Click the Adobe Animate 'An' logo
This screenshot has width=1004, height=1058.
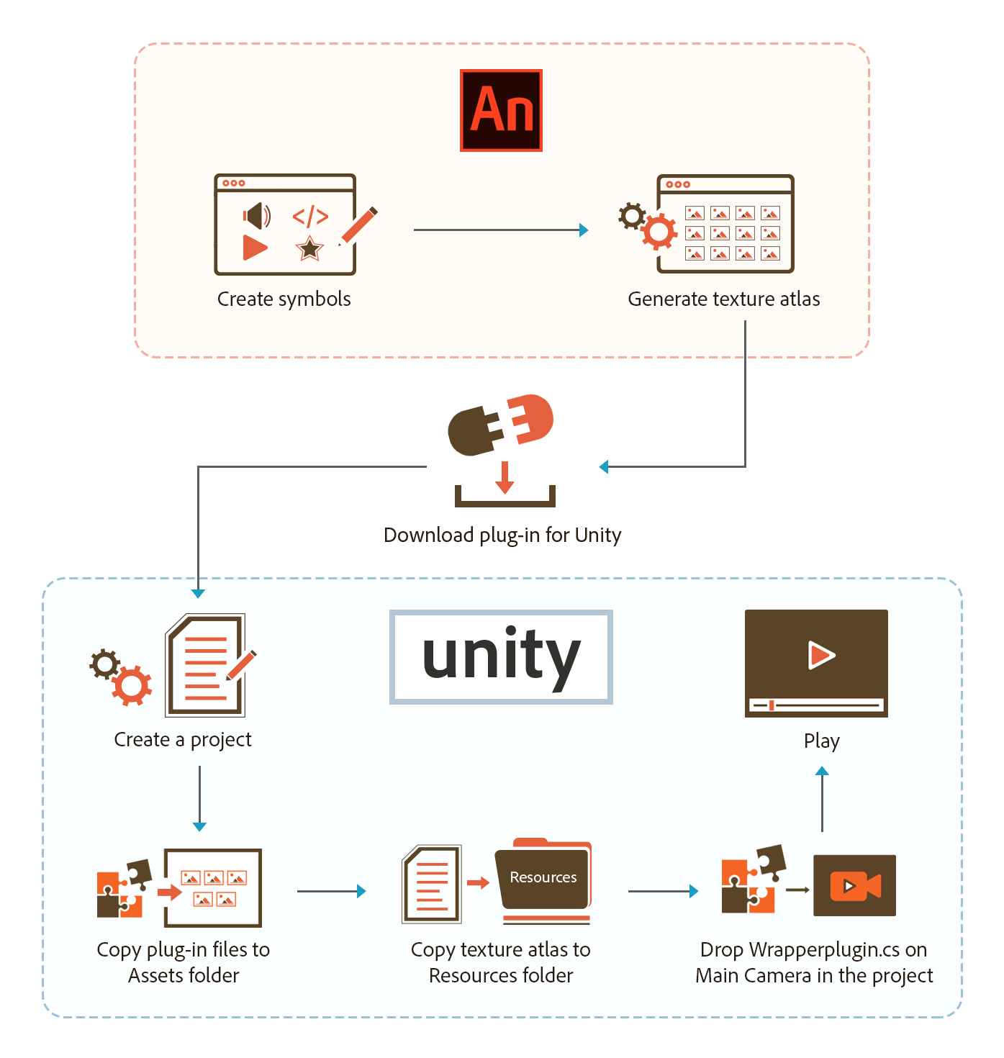click(x=501, y=111)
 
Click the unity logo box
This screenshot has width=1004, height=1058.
click(x=501, y=656)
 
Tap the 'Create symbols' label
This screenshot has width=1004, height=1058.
click(x=284, y=299)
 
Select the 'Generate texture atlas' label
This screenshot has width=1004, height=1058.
click(x=723, y=299)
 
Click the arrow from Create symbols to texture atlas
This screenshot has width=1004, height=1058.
click(x=500, y=230)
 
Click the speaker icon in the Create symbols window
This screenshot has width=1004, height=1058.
click(x=256, y=215)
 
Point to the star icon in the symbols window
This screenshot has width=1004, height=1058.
click(x=309, y=248)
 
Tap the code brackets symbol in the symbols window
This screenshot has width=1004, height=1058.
click(x=310, y=216)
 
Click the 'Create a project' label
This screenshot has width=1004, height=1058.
click(x=183, y=739)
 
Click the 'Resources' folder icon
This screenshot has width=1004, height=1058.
click(x=543, y=878)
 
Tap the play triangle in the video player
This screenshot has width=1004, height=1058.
click(x=820, y=655)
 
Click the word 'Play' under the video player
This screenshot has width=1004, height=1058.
click(x=821, y=741)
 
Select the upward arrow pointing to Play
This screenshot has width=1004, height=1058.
click(x=822, y=799)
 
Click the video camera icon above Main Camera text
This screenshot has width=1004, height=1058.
click(x=854, y=886)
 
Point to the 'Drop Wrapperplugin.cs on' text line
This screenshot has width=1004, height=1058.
click(x=813, y=949)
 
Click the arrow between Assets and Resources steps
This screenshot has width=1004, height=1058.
click(x=331, y=891)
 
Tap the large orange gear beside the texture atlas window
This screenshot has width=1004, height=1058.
click(x=659, y=232)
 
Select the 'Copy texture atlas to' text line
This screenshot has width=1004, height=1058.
click(x=500, y=949)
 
